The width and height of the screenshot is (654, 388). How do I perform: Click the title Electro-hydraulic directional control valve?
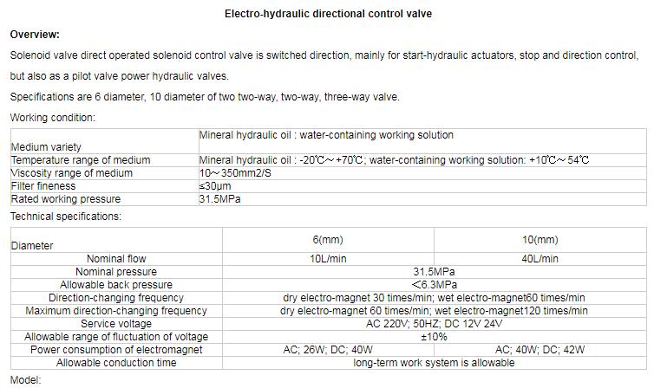pos(328,14)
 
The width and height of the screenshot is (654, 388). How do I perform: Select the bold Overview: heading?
pos(35,35)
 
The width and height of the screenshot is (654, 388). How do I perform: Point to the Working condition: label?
pos(52,118)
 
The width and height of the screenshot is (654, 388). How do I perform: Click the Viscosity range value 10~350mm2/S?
pos(236,173)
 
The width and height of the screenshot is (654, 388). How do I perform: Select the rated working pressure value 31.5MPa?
pos(219,199)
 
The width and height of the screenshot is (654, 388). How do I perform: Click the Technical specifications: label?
pos(66,217)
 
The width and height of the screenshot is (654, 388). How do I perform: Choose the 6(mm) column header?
pos(328,240)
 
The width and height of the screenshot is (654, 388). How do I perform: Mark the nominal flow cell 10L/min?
pos(328,259)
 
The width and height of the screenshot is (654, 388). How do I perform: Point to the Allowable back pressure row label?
pos(116,285)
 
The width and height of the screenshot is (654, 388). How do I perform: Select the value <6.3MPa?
pos(434,285)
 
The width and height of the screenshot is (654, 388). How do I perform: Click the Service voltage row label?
pos(116,324)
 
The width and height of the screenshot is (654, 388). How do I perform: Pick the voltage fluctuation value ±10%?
pos(434,337)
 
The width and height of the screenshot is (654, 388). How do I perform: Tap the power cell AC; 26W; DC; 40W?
pos(328,350)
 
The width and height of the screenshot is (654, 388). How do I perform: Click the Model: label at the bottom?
pos(26,380)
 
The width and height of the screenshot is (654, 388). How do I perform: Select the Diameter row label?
pos(32,246)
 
